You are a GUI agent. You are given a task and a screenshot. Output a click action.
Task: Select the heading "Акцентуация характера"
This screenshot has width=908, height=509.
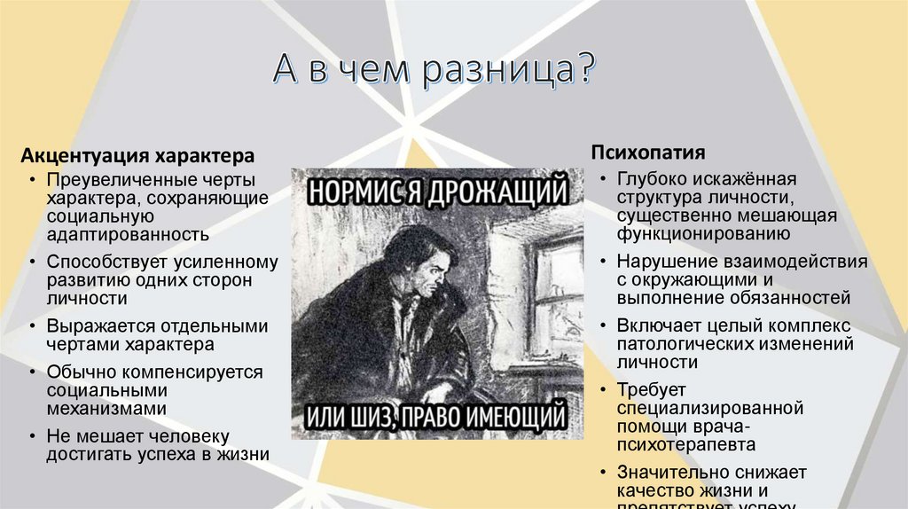138,156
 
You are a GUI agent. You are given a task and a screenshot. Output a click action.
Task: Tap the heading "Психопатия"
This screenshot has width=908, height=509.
648,151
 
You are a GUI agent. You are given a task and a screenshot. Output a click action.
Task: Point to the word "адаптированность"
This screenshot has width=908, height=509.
129,235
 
